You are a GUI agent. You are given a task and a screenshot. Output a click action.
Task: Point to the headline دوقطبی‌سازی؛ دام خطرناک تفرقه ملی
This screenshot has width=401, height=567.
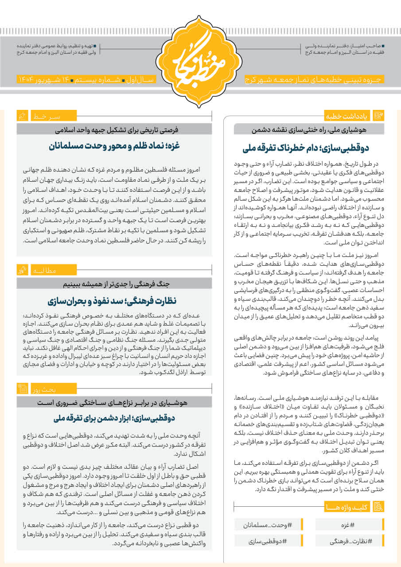(x=306, y=148)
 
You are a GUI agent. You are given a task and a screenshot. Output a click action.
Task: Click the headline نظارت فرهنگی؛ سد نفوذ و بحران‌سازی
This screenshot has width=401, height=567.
(x=114, y=301)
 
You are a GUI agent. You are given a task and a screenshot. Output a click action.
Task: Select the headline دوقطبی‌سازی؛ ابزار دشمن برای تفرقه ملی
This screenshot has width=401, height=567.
(x=114, y=418)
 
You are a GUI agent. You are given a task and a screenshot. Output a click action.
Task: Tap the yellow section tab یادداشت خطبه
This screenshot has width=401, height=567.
(x=348, y=117)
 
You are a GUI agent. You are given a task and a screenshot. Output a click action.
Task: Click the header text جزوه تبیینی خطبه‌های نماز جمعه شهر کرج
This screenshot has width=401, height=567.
(x=315, y=80)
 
